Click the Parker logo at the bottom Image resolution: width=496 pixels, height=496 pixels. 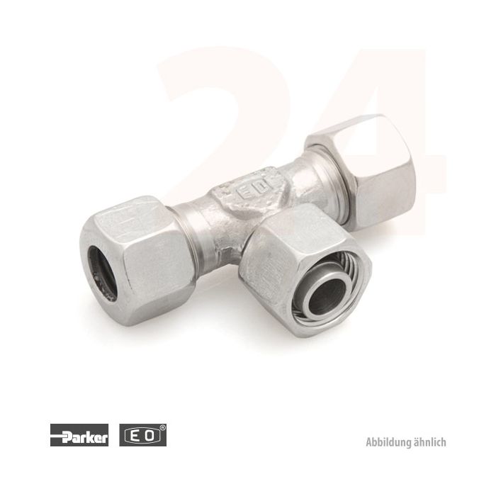tap(79, 435)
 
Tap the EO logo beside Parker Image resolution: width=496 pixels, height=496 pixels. tap(142, 435)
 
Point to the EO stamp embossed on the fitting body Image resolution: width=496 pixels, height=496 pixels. tap(248, 193)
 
